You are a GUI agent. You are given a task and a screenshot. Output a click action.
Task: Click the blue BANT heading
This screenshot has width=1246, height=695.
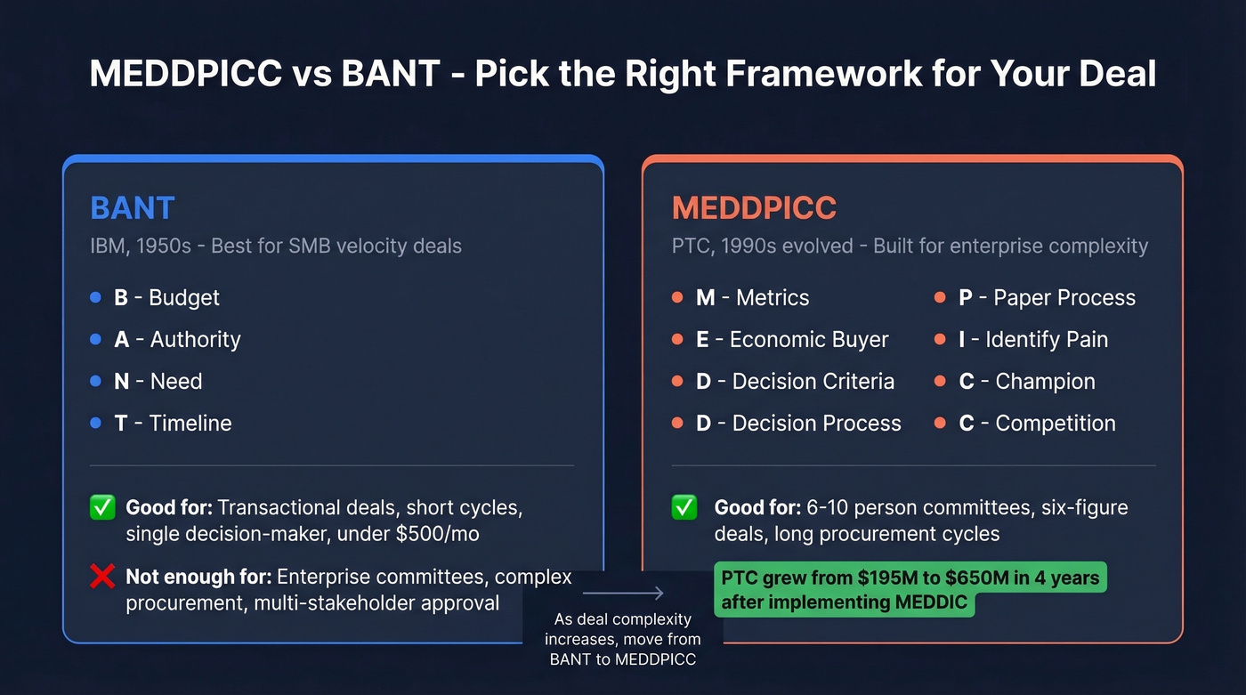click(133, 207)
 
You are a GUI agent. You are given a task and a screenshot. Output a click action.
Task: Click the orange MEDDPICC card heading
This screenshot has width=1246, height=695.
click(754, 207)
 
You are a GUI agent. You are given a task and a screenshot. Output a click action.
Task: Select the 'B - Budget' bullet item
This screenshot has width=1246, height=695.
click(166, 297)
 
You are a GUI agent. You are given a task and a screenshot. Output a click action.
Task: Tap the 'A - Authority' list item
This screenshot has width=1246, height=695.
click(177, 339)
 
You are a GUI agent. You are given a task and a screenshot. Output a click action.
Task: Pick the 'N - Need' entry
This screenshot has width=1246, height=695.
click(158, 381)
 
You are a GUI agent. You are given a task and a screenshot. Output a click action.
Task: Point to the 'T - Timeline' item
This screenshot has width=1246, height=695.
click(173, 423)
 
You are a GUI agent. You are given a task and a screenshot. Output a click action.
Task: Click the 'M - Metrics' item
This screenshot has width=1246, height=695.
click(752, 297)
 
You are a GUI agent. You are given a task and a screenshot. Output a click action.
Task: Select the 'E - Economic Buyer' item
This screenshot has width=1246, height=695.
click(792, 339)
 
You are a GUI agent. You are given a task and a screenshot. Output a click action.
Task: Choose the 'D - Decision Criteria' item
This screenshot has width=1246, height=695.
click(795, 381)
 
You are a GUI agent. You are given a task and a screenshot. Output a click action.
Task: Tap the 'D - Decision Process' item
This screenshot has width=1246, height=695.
click(798, 423)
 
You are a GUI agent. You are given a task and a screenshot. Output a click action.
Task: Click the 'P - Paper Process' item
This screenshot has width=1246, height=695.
click(1047, 297)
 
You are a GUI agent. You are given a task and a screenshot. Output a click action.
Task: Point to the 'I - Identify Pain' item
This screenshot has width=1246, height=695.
click(1032, 339)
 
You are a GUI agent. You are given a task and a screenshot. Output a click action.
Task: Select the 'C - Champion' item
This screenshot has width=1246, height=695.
click(1026, 381)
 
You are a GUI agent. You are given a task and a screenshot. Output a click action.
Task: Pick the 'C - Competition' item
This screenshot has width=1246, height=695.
click(1037, 423)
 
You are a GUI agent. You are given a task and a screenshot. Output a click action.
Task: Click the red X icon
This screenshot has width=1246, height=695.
click(102, 578)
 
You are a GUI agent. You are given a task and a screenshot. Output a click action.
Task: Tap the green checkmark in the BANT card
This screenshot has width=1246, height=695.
click(102, 508)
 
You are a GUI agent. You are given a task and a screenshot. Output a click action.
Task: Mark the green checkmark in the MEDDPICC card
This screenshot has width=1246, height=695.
click(684, 508)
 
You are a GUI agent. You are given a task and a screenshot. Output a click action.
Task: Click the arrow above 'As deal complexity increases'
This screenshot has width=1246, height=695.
click(623, 594)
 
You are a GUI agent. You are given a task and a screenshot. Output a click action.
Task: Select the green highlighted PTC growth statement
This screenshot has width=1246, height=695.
click(910, 589)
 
